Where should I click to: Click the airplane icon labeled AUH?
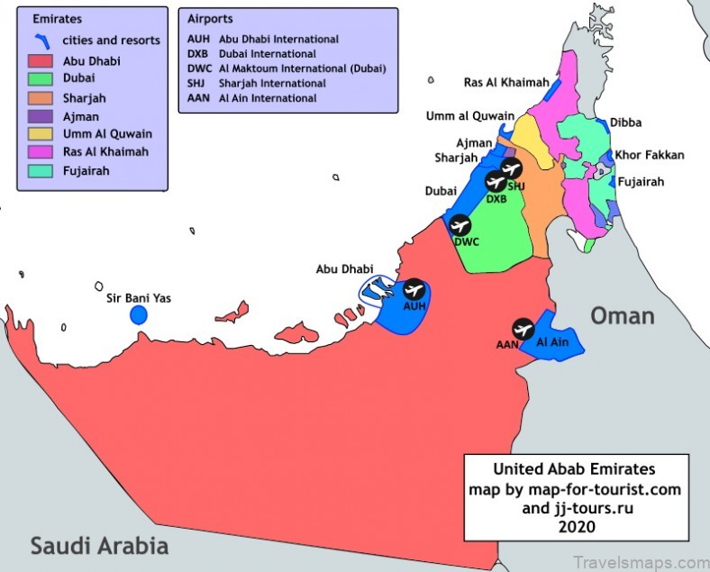pyautogui.click(x=414, y=289)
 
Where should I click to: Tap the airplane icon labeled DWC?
pyautogui.click(x=460, y=225)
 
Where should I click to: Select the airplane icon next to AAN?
pyautogui.click(x=523, y=329)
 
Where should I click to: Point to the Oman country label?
pyautogui.click(x=623, y=315)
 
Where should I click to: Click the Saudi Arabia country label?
pyautogui.click(x=99, y=545)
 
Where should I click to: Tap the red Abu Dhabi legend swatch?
pyautogui.click(x=41, y=62)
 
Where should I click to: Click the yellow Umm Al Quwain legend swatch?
pyautogui.click(x=41, y=134)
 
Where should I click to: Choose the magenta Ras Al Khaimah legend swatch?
pyautogui.click(x=41, y=152)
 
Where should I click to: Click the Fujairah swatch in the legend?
pyautogui.click(x=41, y=170)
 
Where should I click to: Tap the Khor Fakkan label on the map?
pyautogui.click(x=649, y=155)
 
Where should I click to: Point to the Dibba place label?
pyautogui.click(x=626, y=123)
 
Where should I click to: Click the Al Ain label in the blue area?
pyautogui.click(x=552, y=343)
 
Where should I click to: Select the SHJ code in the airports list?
pyautogui.click(x=197, y=84)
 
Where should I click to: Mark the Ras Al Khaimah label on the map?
pyautogui.click(x=506, y=82)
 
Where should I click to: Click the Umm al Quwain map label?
pyautogui.click(x=470, y=116)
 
